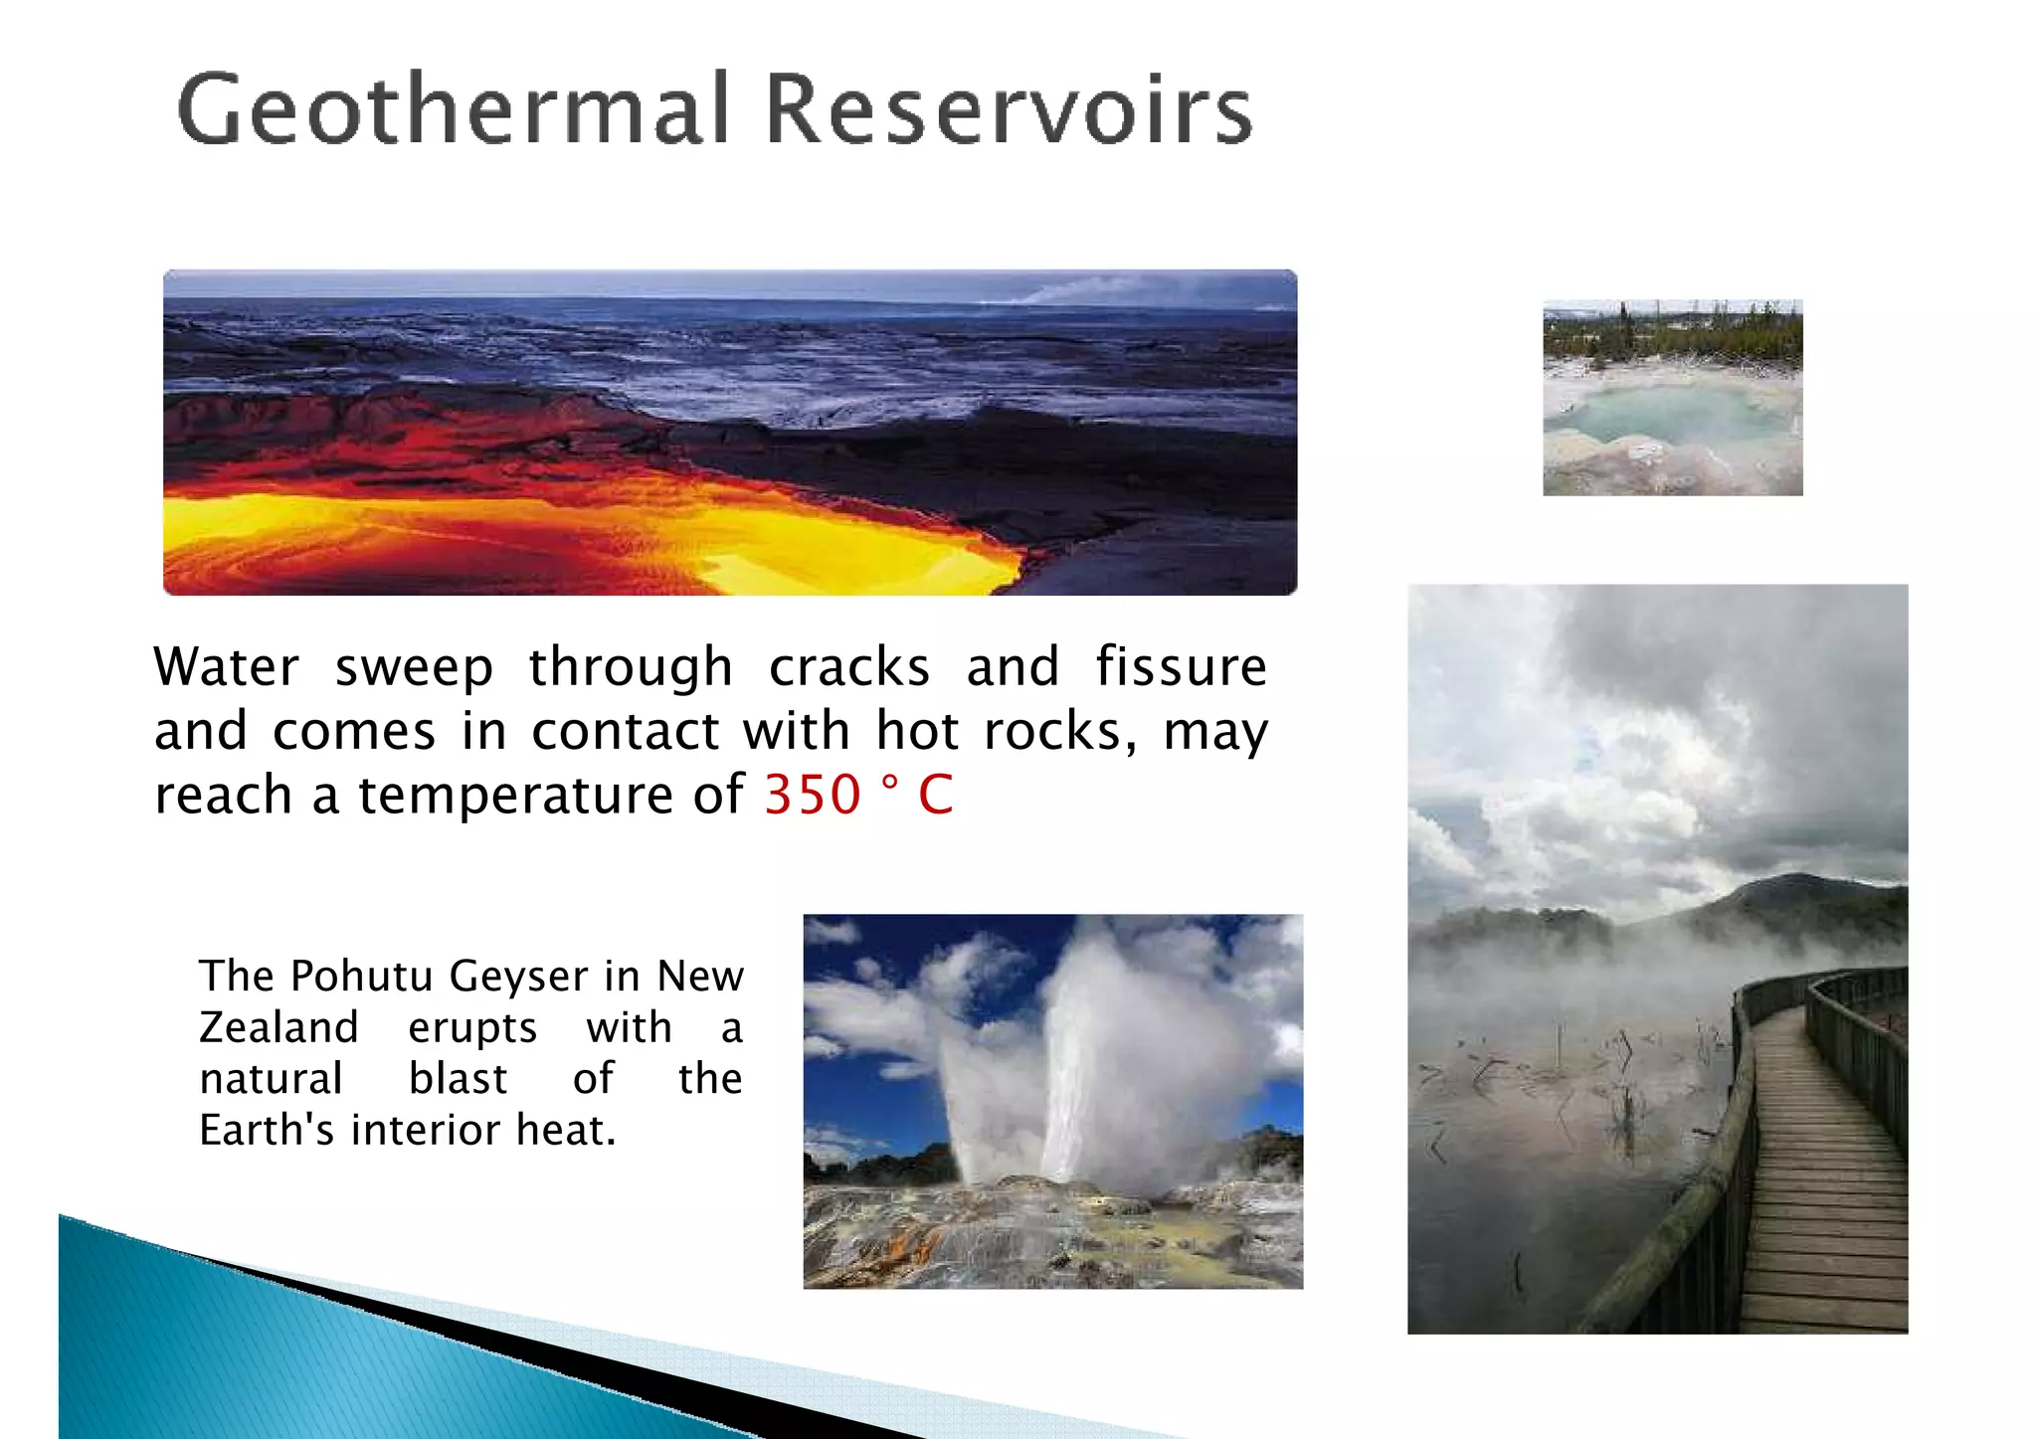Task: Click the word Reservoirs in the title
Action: [1009, 109]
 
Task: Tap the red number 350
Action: [812, 795]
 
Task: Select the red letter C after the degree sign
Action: [935, 795]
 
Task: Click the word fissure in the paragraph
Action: [1181, 666]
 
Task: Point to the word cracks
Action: [848, 666]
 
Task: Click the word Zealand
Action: [278, 1027]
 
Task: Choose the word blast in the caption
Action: [458, 1079]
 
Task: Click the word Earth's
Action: [267, 1130]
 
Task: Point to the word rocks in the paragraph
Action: [1058, 732]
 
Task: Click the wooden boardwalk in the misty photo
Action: [1810, 1193]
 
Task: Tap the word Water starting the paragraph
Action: [226, 666]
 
